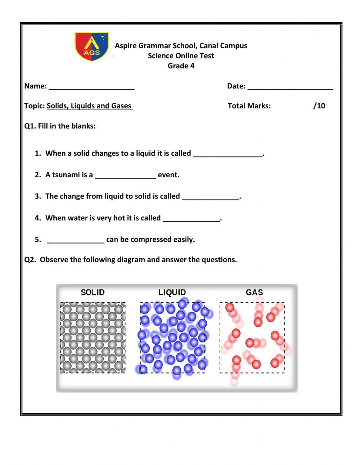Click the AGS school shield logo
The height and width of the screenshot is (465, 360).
coord(91,46)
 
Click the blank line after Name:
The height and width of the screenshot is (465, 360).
coord(91,87)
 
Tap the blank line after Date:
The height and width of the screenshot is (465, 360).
coord(290,87)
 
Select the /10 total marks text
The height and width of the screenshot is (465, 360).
coord(319,106)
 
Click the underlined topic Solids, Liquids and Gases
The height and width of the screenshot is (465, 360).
coord(89,106)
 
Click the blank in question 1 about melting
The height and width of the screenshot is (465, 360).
coord(228,154)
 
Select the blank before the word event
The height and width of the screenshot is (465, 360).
coord(125,176)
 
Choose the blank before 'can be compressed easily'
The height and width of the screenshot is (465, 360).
coord(76,240)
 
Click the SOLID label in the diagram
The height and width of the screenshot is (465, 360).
coord(93,292)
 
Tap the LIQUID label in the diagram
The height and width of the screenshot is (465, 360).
coord(172,292)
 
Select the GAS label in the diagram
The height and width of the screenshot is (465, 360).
coord(254,292)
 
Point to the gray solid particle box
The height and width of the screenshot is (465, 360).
coord(93,337)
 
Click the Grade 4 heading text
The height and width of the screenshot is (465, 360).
coord(181,66)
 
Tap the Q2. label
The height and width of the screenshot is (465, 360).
coord(30,260)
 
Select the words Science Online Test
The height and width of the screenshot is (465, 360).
coord(181,56)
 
